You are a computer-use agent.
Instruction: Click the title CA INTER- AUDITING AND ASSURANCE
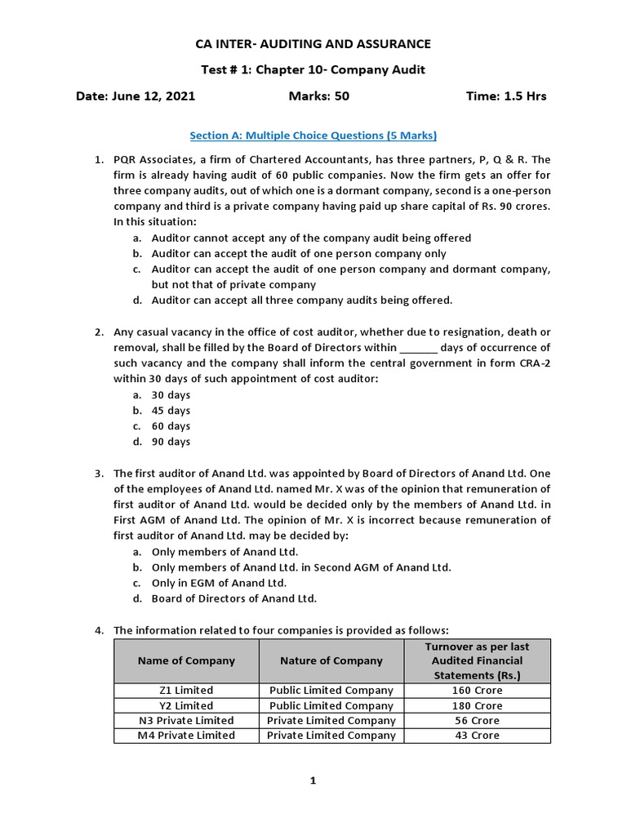pyautogui.click(x=313, y=43)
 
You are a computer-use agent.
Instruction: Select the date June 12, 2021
pyautogui.click(x=136, y=96)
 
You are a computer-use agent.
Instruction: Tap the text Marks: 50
pyautogui.click(x=318, y=96)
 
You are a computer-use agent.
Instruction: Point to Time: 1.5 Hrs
pyautogui.click(x=505, y=96)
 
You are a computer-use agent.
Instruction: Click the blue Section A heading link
pyautogui.click(x=313, y=135)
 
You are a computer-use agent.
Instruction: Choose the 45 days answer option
pyautogui.click(x=171, y=411)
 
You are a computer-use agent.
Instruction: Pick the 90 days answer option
pyautogui.click(x=171, y=442)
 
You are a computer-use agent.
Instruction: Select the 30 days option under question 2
pyautogui.click(x=171, y=395)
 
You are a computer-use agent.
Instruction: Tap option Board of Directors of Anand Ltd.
pyautogui.click(x=233, y=598)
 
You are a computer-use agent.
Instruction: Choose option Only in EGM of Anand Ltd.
pyautogui.click(x=219, y=583)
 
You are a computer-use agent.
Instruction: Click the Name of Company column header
pyautogui.click(x=186, y=660)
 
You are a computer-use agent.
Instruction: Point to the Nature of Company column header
pyautogui.click(x=331, y=660)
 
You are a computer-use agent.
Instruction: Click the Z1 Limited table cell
pyautogui.click(x=186, y=691)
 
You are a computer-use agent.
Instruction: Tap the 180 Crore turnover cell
pyautogui.click(x=478, y=705)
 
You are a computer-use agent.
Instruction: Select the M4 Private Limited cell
pyautogui.click(x=186, y=736)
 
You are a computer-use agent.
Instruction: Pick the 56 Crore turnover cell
pyautogui.click(x=478, y=721)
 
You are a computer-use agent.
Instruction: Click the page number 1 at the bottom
pyautogui.click(x=313, y=781)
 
